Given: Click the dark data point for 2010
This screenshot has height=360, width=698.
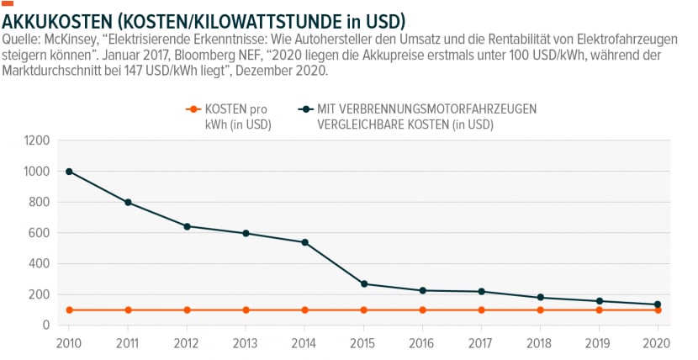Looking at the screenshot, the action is tap(69, 172).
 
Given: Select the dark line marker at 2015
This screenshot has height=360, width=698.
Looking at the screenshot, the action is tap(363, 284).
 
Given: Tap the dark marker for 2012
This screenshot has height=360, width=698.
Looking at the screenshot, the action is tap(187, 226).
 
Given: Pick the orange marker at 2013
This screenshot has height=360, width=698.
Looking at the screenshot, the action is tap(246, 310).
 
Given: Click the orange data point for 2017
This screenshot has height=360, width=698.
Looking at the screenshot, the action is tap(481, 310).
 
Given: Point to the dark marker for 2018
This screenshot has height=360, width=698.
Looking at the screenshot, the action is tap(541, 297).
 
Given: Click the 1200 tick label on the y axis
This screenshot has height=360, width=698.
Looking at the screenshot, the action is tap(37, 141).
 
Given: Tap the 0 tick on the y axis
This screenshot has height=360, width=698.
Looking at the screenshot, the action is tap(46, 326).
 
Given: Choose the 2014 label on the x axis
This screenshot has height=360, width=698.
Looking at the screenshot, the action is tap(304, 343).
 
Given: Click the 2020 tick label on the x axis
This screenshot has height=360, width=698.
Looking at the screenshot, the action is tap(657, 343).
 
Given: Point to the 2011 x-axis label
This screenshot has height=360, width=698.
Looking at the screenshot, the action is tap(128, 343).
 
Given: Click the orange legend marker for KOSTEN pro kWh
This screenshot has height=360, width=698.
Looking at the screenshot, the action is tap(193, 109).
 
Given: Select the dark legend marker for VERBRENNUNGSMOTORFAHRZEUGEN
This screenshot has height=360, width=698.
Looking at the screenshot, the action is tap(305, 109).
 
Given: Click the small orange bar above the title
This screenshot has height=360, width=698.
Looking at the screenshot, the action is tap(8, 3).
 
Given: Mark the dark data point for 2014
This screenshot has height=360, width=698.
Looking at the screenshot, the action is tap(305, 242).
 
